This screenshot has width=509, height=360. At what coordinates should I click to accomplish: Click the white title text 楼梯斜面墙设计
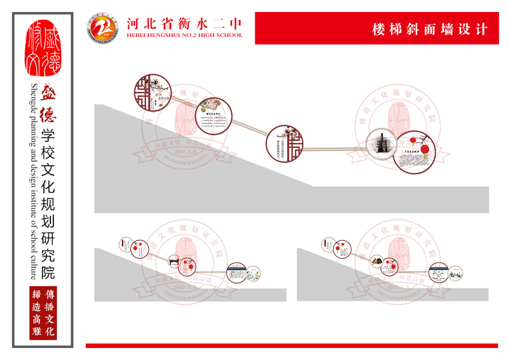[x=430, y=29]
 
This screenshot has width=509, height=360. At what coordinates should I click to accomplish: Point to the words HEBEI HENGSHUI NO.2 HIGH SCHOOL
[x=185, y=35]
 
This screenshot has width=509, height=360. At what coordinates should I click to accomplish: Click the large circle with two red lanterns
[x=417, y=152]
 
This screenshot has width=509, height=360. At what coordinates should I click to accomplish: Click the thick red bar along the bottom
[x=291, y=345]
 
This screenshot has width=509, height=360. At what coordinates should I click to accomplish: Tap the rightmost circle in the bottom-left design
[x=236, y=272]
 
